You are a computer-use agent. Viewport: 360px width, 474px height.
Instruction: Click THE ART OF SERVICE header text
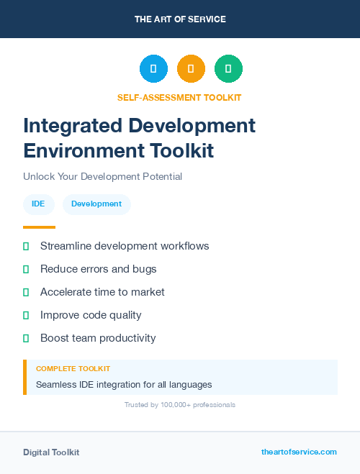point(180,19)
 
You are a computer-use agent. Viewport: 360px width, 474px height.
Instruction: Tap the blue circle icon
point(153,69)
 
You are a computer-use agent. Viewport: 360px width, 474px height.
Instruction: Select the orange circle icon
point(191,69)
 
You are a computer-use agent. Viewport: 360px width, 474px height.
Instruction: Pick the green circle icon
point(228,69)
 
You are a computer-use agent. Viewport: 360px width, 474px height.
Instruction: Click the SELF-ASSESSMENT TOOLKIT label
point(179,98)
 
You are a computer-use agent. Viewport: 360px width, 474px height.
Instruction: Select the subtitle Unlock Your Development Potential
point(102,177)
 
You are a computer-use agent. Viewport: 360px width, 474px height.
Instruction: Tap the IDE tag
point(38,204)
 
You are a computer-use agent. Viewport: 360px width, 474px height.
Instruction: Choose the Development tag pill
point(96,204)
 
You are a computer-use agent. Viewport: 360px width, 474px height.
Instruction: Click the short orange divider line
point(39,227)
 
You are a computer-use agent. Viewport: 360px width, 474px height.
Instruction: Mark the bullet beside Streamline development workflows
point(26,247)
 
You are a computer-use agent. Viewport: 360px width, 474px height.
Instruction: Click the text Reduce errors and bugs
point(98,269)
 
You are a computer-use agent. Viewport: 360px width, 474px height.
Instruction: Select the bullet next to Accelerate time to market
point(26,293)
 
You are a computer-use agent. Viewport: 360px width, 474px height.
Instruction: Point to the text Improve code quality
point(91,315)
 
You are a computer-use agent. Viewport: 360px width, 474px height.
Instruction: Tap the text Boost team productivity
point(98,338)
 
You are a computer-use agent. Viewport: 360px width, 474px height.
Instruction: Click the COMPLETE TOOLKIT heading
point(73,369)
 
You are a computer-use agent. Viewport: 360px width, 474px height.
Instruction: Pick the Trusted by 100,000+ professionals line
point(180,405)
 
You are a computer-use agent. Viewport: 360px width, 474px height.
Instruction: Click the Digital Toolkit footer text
point(51,452)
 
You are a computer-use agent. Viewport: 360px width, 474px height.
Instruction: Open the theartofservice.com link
point(299,452)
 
